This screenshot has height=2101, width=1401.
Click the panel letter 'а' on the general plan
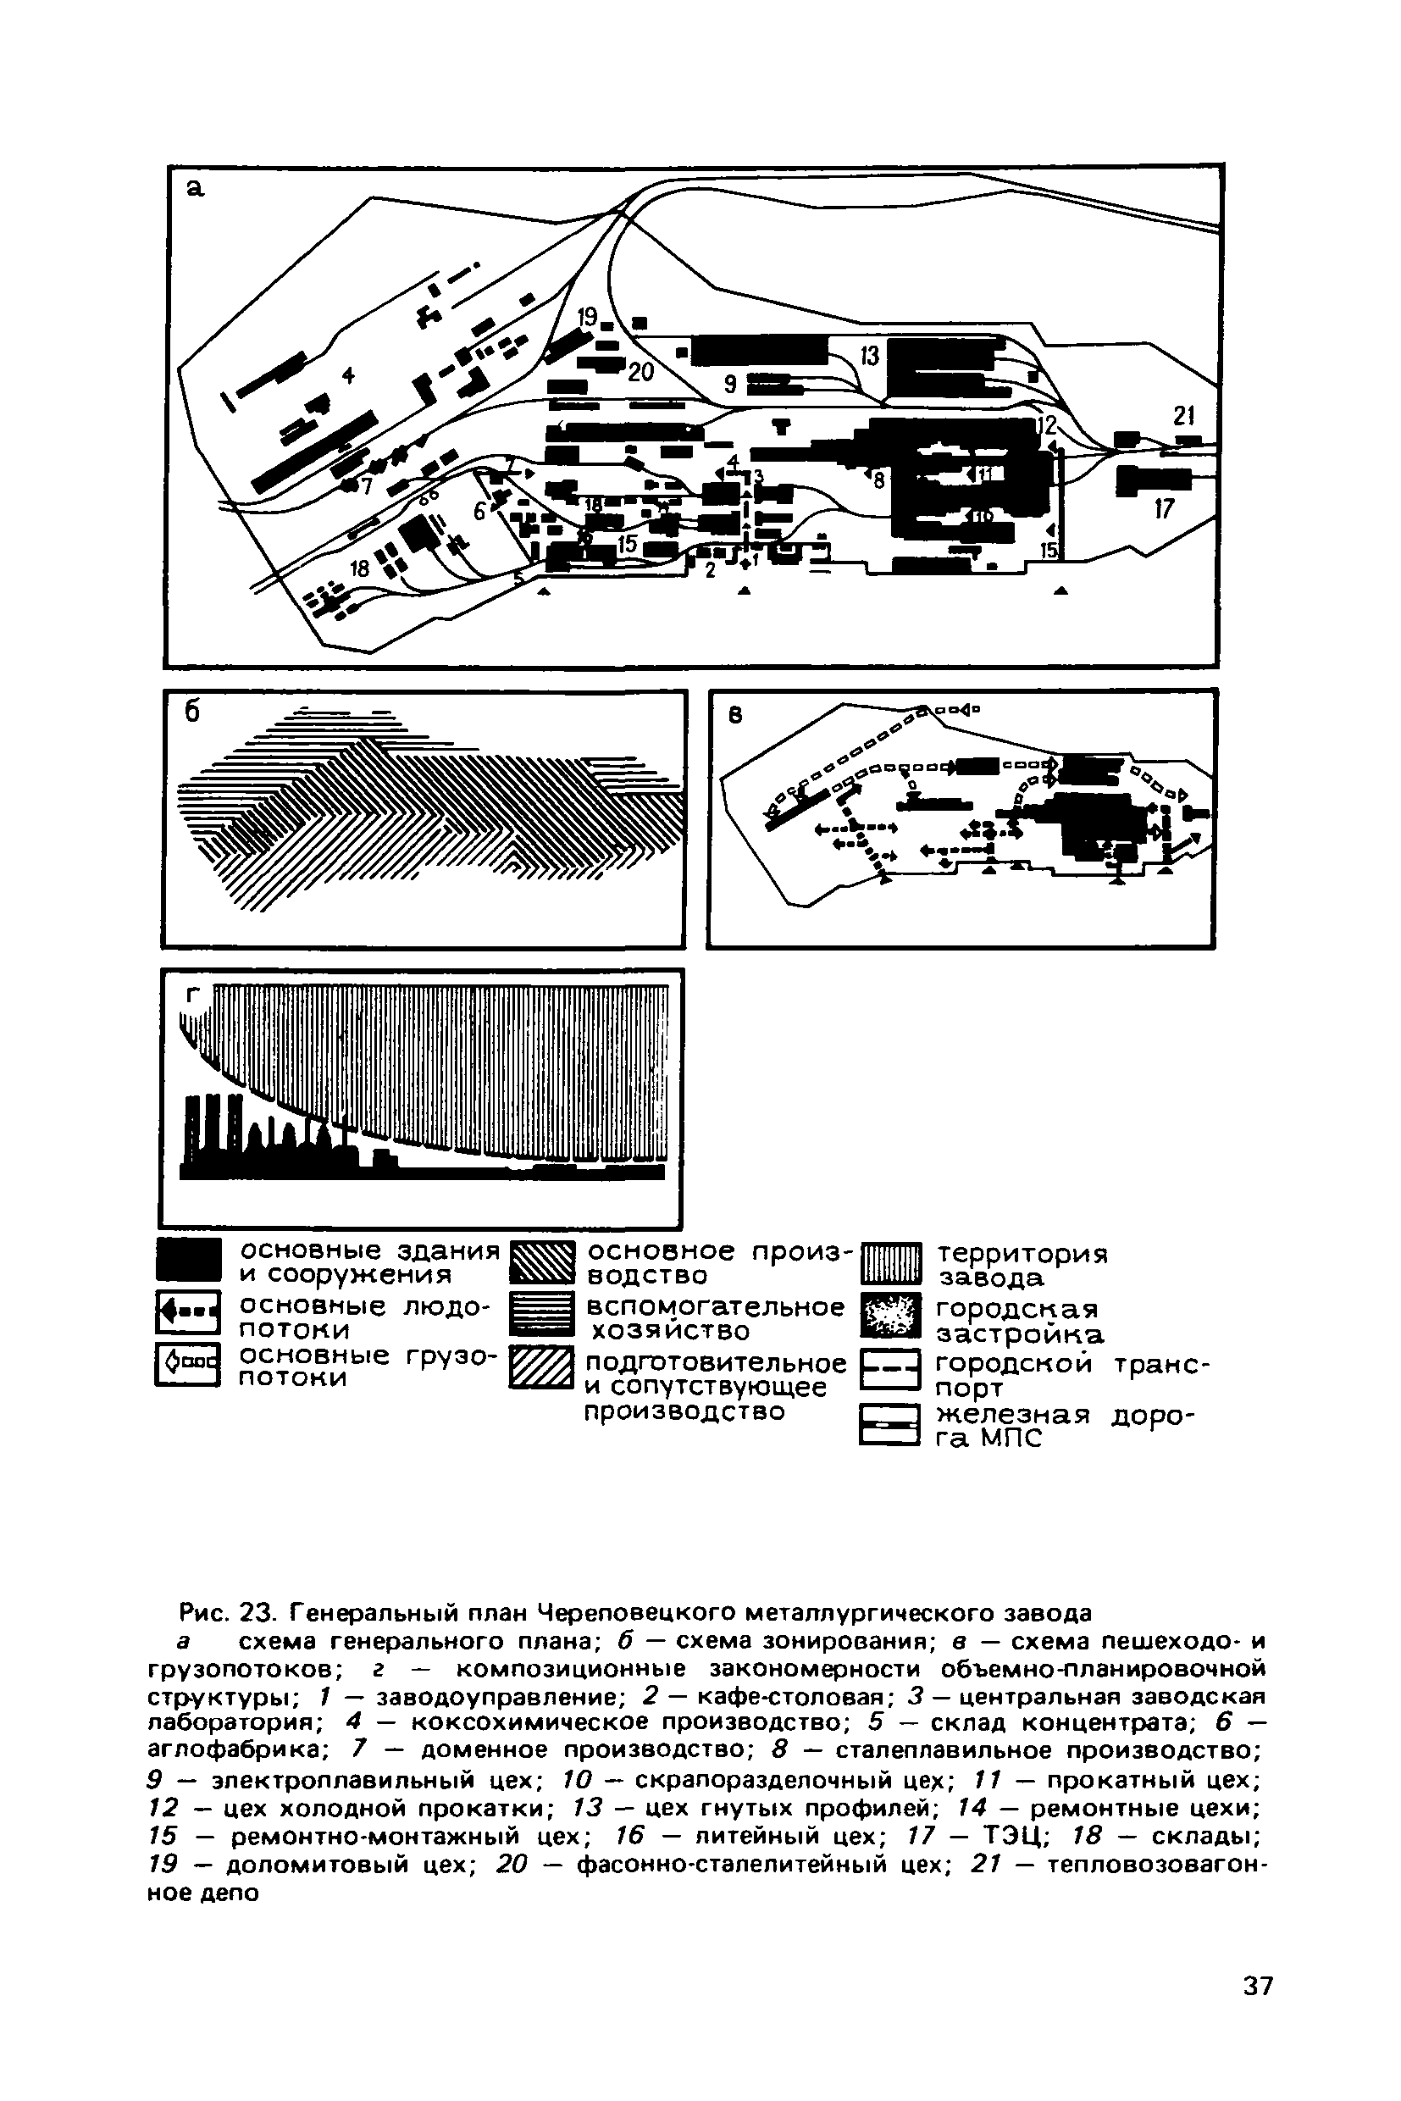tap(195, 189)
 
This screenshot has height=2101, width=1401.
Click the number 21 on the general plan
tap(1183, 417)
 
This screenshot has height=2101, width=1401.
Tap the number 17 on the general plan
tap(1163, 509)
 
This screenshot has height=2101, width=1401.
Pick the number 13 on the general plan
tap(869, 356)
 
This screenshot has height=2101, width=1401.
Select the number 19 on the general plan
tap(587, 316)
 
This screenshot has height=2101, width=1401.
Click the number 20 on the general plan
tap(640, 372)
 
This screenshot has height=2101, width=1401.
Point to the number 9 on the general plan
tap(730, 385)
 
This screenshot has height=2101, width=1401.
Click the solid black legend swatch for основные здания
tap(188, 1260)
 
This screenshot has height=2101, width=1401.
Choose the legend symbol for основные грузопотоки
tap(188, 1366)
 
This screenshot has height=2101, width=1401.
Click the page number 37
tap(1258, 1987)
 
